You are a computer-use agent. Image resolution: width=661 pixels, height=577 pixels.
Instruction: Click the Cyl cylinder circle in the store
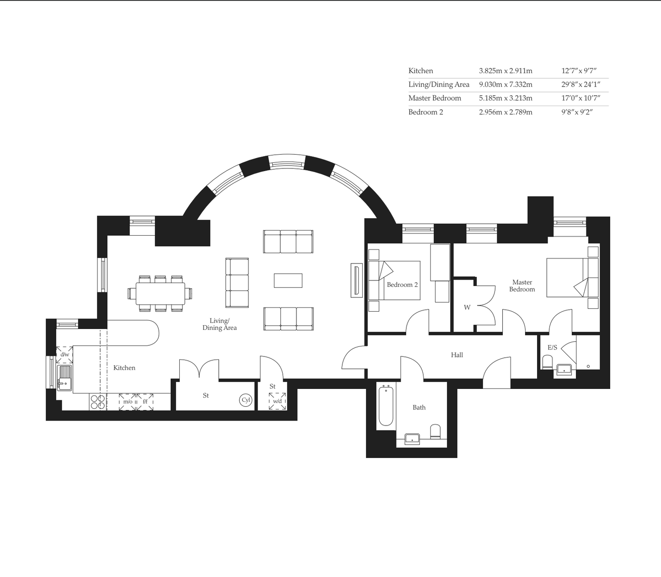(x=246, y=400)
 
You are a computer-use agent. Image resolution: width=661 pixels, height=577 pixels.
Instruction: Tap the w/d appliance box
(x=277, y=401)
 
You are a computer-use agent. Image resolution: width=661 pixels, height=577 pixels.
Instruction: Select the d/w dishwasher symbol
(x=64, y=355)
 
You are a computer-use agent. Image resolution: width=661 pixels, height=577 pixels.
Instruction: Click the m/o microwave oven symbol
(x=128, y=402)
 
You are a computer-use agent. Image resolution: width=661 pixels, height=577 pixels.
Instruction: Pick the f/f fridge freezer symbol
(x=145, y=402)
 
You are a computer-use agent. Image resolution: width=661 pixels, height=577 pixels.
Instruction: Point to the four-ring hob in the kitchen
(x=97, y=402)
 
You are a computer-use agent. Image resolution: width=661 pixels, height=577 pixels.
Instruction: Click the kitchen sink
(x=64, y=377)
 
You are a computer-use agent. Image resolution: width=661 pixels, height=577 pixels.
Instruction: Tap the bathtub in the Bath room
(x=386, y=406)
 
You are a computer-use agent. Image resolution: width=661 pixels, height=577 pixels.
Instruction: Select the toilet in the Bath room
(x=435, y=431)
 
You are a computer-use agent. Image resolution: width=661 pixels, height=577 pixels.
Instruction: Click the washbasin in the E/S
(x=564, y=370)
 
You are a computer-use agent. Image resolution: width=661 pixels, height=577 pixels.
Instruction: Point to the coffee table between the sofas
(x=288, y=280)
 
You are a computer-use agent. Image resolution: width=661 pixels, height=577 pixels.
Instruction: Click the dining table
(x=160, y=293)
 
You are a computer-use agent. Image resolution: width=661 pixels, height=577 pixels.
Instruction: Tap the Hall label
(x=457, y=355)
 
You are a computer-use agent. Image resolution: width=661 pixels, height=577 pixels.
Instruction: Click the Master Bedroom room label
(x=522, y=286)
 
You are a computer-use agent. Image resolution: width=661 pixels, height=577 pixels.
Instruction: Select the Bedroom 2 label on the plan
(x=402, y=285)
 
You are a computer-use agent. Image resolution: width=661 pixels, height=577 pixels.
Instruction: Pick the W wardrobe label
(x=467, y=307)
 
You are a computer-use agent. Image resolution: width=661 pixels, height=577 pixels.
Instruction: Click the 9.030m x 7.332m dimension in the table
(x=505, y=84)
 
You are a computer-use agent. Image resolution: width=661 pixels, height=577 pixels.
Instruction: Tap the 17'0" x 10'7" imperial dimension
(x=580, y=98)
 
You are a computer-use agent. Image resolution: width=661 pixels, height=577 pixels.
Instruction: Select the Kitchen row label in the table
(x=421, y=71)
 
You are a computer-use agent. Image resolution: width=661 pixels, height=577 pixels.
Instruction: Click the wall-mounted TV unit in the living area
(x=357, y=280)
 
